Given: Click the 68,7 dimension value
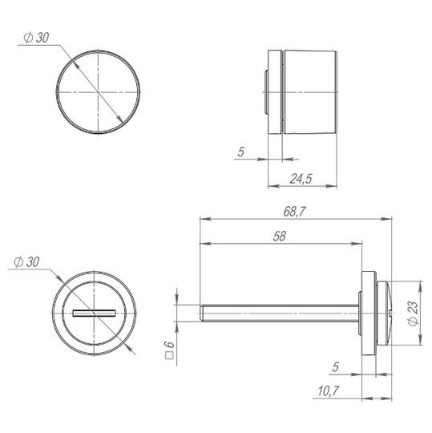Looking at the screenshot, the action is [294, 212].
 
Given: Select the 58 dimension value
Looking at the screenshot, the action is [280, 237].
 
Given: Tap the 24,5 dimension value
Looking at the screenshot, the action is [301, 179].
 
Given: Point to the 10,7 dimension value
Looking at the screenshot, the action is [329, 391].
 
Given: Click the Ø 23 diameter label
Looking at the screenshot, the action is [414, 314].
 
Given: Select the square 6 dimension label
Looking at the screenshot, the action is [169, 350].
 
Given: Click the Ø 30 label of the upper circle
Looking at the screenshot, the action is [36, 38].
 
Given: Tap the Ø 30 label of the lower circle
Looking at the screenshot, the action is [26, 261].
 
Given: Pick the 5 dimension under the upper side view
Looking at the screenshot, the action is [241, 152].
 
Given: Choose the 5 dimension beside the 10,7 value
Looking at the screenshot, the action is [335, 367].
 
